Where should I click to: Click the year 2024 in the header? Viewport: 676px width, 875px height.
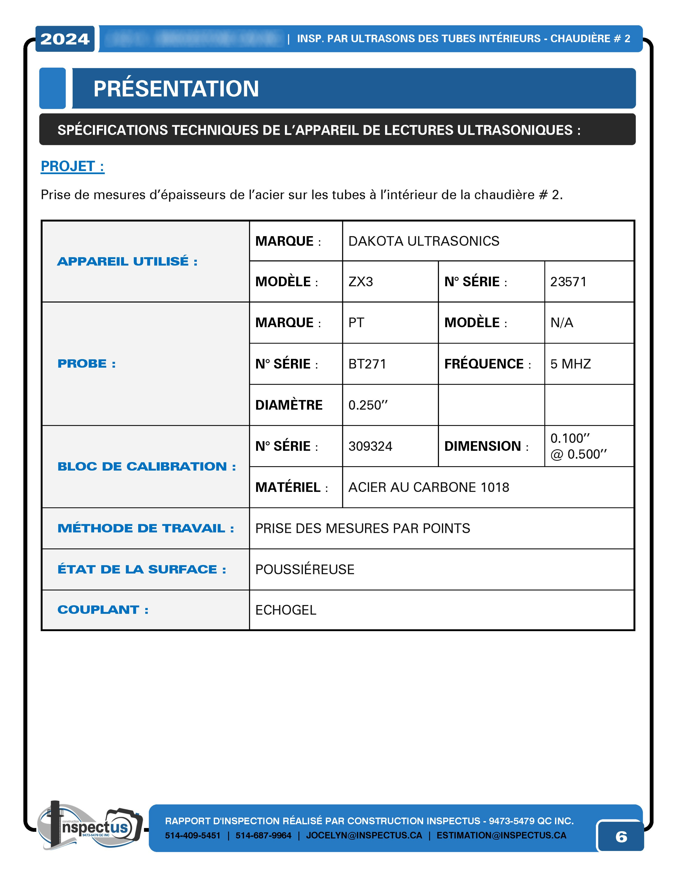[65, 39]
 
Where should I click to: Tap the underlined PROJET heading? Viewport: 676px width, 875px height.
[73, 166]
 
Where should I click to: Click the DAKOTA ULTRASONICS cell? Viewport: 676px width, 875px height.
[424, 241]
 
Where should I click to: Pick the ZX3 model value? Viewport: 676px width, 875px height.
[361, 282]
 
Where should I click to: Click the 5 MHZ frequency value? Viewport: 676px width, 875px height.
[570, 364]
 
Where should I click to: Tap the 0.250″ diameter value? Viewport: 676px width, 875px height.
[368, 405]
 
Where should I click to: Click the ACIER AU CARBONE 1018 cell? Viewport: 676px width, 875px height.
[428, 487]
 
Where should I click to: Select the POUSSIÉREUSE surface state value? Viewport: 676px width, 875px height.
[305, 569]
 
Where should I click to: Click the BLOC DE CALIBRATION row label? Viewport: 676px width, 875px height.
[146, 466]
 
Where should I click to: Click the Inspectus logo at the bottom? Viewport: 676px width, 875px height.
[90, 826]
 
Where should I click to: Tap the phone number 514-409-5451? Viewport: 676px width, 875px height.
[193, 835]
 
